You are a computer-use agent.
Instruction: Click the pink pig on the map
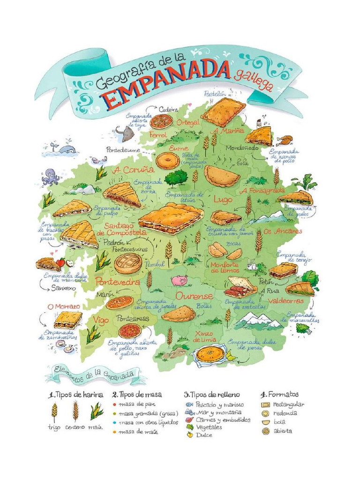179,280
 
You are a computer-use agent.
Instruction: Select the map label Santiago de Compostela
115,229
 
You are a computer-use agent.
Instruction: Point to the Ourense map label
195,296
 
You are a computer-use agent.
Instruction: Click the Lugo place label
223,199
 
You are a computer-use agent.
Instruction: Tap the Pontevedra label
118,282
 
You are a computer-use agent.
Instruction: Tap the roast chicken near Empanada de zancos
284,140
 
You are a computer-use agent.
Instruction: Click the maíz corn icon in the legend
97,411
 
